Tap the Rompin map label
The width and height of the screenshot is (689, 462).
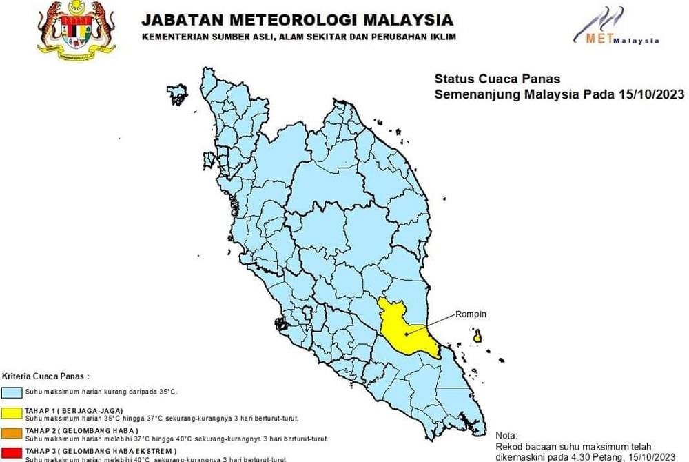pyautogui.click(x=471, y=314)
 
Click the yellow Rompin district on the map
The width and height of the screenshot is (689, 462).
pyautogui.click(x=403, y=328)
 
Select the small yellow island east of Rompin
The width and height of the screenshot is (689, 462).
pyautogui.click(x=477, y=337)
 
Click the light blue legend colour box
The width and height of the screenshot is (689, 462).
pyautogui.click(x=12, y=392)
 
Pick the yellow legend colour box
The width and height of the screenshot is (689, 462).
pyautogui.click(x=12, y=412)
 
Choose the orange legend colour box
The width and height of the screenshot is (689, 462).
pyautogui.click(x=12, y=433)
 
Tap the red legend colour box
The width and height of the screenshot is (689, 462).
pyautogui.click(x=12, y=453)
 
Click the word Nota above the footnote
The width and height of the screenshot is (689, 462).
pyautogui.click(x=506, y=436)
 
